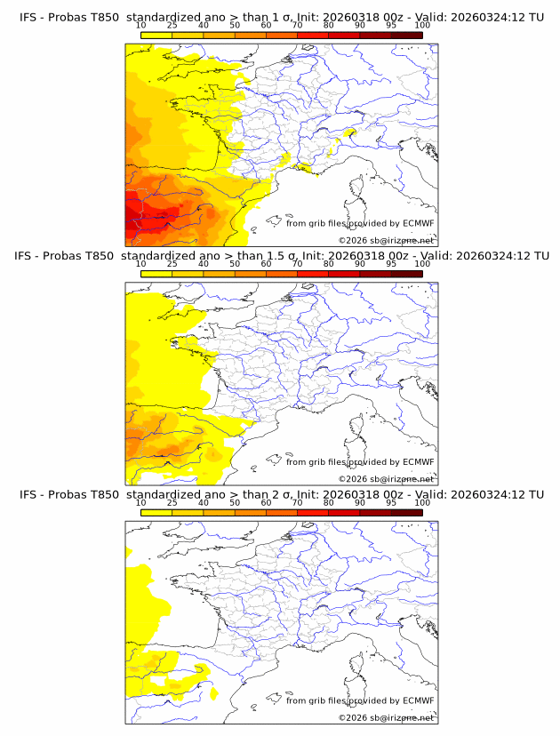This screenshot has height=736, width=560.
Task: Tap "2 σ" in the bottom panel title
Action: click(283, 494)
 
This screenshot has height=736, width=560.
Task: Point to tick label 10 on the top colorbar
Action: click(140, 25)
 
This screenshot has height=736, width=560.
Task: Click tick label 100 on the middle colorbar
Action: click(422, 263)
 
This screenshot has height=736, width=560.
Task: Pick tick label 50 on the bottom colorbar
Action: click(235, 501)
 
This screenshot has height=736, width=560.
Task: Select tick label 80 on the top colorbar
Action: click(328, 25)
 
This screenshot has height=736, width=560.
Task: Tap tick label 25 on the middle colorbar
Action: click(172, 263)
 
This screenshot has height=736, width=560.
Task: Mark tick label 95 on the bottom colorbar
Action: click(391, 501)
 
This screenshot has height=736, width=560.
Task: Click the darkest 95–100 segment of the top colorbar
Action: click(406, 35)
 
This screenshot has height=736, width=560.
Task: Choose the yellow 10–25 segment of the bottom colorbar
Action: click(156, 511)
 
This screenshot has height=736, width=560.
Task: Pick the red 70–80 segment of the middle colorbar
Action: click(312, 273)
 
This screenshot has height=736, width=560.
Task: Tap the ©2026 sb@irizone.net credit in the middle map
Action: click(386, 478)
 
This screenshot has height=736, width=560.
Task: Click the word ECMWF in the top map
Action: click(418, 223)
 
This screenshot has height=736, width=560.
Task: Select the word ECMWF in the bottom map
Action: click(418, 700)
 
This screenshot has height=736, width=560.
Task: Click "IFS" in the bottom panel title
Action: click(28, 494)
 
